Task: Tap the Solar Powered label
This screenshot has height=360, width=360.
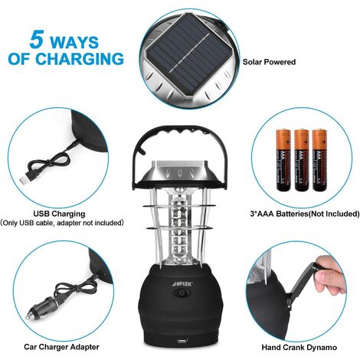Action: click(x=269, y=61)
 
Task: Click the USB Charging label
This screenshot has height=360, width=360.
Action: click(x=59, y=214)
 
